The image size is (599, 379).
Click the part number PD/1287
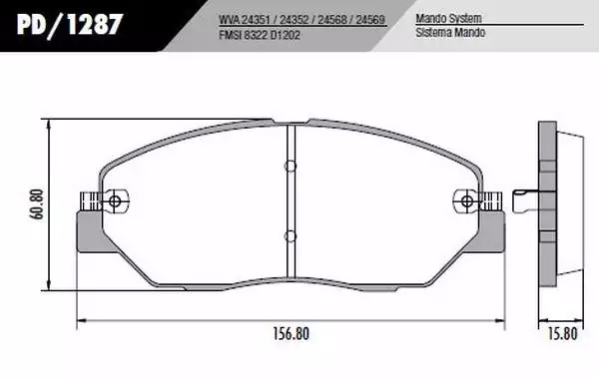pos(70,25)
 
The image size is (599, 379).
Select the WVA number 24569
pos(369,20)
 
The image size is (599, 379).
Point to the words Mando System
pos(448,18)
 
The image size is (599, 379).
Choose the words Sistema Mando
pos(450,33)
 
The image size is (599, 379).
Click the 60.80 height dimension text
pos(38,204)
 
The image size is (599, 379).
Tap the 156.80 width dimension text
pos(291,334)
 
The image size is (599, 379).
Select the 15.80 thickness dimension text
pos(563,334)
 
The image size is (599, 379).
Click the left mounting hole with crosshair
pos(114,200)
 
